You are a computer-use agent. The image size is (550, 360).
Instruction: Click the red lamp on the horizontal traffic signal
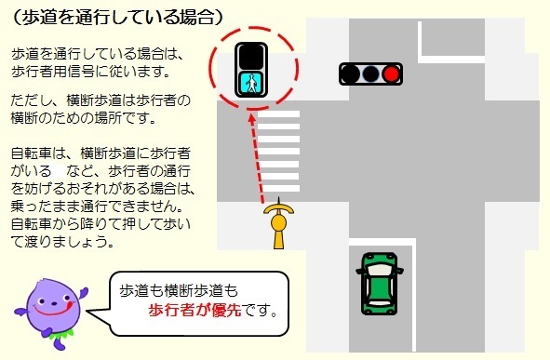[392, 72]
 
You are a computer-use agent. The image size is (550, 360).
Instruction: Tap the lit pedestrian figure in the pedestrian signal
[251, 83]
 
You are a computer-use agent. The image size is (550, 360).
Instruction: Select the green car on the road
[379, 283]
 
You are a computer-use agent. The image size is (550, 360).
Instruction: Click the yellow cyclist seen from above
[277, 223]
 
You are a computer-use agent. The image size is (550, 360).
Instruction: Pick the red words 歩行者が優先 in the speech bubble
[194, 309]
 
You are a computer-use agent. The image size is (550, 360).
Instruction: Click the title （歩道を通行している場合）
[117, 17]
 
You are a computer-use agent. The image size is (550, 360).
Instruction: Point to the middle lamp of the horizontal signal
[371, 72]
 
